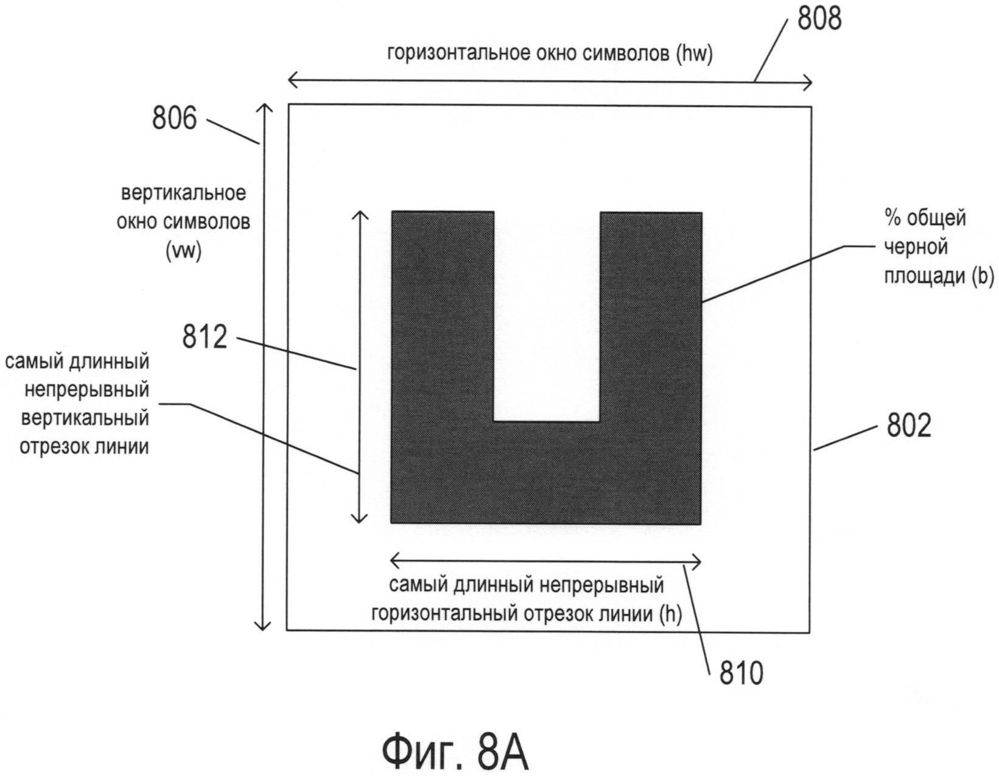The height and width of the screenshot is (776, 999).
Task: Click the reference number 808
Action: tap(819, 19)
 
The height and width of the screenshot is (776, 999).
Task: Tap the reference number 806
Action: tap(175, 118)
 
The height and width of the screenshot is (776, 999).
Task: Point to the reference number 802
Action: tap(909, 427)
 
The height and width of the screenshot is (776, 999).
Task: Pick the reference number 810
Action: tap(741, 674)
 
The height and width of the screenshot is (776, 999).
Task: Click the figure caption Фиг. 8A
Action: tap(455, 752)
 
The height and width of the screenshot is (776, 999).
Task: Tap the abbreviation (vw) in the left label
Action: tap(183, 250)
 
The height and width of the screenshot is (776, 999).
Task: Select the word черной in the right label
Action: tap(916, 246)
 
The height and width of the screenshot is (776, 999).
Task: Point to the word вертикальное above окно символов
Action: tap(184, 194)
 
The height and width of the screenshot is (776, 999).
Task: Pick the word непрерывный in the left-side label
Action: tap(87, 390)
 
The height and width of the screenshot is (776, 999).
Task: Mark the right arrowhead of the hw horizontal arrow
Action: tap(807, 82)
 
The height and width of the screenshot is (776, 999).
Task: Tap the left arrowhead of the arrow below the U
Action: tap(394, 559)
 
